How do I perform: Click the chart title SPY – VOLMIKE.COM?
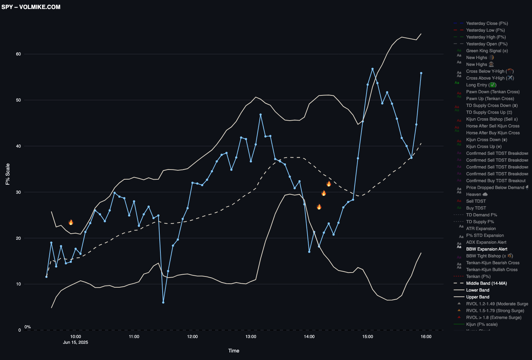click(x=31, y=7)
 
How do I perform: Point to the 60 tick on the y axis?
click(x=18, y=54)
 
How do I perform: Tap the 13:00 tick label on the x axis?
click(x=251, y=337)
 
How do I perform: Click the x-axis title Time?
click(x=233, y=351)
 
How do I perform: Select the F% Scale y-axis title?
click(x=8, y=174)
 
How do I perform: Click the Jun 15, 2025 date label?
click(x=76, y=342)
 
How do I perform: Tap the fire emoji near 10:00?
click(x=71, y=222)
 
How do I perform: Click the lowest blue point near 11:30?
click(x=163, y=302)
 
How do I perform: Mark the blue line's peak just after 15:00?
click(x=373, y=69)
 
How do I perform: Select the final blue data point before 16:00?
click(x=421, y=73)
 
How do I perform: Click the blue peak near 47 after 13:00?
click(x=260, y=114)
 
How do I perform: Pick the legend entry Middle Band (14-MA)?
click(x=486, y=283)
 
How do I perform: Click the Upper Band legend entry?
click(x=478, y=297)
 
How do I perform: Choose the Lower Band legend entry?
click(x=478, y=290)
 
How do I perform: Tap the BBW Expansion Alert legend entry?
click(x=487, y=249)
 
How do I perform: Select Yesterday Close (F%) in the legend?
click(x=487, y=23)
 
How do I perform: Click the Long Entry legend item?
click(x=481, y=85)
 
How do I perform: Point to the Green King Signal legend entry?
click(x=487, y=51)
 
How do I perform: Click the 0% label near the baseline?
click(x=28, y=327)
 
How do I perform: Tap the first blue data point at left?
click(x=46, y=276)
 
